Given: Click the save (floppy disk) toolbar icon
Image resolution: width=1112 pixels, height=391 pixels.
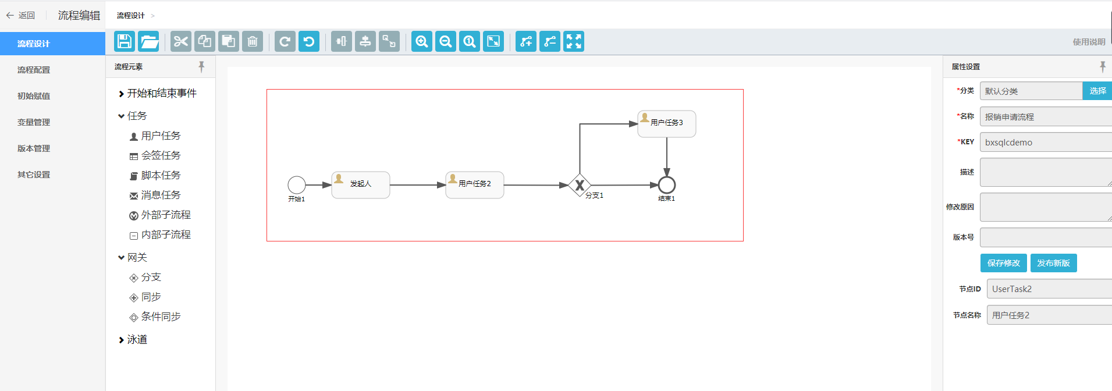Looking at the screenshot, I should coord(125,41).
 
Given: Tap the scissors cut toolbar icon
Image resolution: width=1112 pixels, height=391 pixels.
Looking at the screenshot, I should coord(181,41).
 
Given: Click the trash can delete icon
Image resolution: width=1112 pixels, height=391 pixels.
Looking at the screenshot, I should coord(253,41).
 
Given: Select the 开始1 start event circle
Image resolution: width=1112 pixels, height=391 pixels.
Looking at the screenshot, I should coord(297,185).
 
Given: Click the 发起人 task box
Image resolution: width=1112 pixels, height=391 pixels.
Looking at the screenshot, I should coord(361,185).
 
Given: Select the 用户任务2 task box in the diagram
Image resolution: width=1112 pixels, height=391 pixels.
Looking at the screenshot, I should coord(475,185).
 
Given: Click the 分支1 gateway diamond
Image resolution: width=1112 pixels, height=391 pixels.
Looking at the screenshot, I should coord(580,185).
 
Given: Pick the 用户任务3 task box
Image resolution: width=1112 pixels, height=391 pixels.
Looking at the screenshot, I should coord(667,124).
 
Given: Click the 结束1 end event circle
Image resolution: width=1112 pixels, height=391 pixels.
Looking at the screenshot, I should coord(667,185).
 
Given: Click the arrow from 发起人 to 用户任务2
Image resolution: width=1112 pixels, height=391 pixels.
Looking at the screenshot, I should coord(417,185).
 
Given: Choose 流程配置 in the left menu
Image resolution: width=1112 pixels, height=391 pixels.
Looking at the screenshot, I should coord(34,70).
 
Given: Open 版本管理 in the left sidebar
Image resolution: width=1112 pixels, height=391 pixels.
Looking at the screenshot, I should coord(34,148).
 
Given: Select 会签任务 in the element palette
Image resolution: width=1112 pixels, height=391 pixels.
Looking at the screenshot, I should coord(161,155).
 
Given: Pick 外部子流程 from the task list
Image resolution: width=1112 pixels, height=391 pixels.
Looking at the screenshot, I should coord(166,215).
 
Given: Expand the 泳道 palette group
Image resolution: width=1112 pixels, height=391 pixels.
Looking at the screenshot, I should coord(137,339).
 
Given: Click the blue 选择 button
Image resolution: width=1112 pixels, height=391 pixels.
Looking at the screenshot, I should coord(1097,91).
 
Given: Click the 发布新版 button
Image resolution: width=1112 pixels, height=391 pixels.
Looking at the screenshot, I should coord(1053,263).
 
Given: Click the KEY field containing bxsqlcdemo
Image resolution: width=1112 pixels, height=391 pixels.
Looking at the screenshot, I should coord(1045,142).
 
